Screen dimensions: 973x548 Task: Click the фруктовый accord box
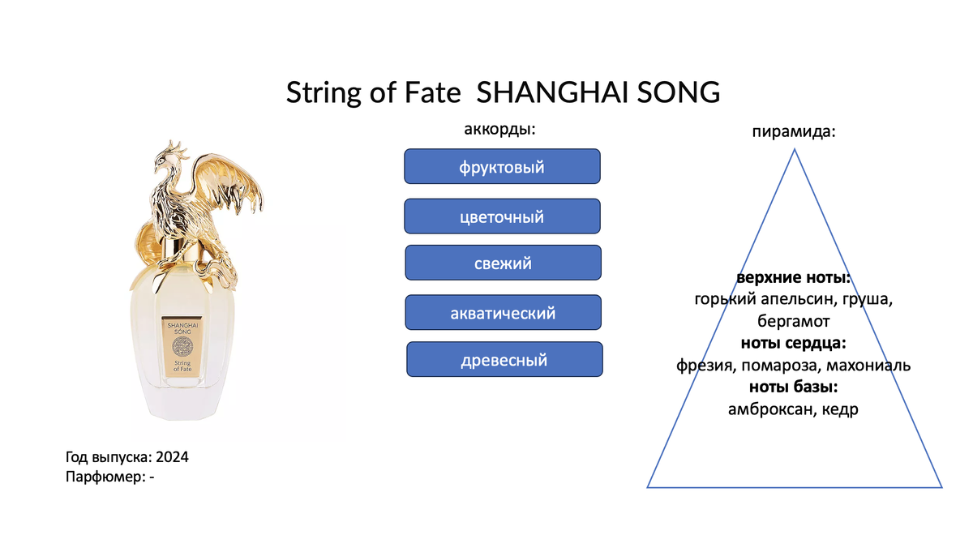coord(502,166)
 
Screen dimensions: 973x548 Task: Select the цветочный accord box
coord(502,216)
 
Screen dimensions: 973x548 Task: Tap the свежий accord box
coord(503,263)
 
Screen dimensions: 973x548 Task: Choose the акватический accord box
coord(503,313)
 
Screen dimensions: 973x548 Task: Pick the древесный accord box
coord(504,359)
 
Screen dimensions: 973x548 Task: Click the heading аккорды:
coord(499,129)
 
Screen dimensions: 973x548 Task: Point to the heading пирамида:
coord(794,131)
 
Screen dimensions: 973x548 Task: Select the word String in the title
coord(324,93)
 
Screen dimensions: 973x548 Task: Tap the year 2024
coord(172,457)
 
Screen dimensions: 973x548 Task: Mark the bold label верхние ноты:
coord(794,277)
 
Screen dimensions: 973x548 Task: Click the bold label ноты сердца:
coord(794,343)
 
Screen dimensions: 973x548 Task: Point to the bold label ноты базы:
coord(794,387)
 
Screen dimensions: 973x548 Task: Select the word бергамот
coord(794,321)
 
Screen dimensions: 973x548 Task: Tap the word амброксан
coord(765,409)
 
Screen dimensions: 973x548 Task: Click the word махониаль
coord(868,366)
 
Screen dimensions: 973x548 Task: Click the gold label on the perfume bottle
coord(182,346)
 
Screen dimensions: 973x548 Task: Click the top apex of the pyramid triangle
coord(795,149)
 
